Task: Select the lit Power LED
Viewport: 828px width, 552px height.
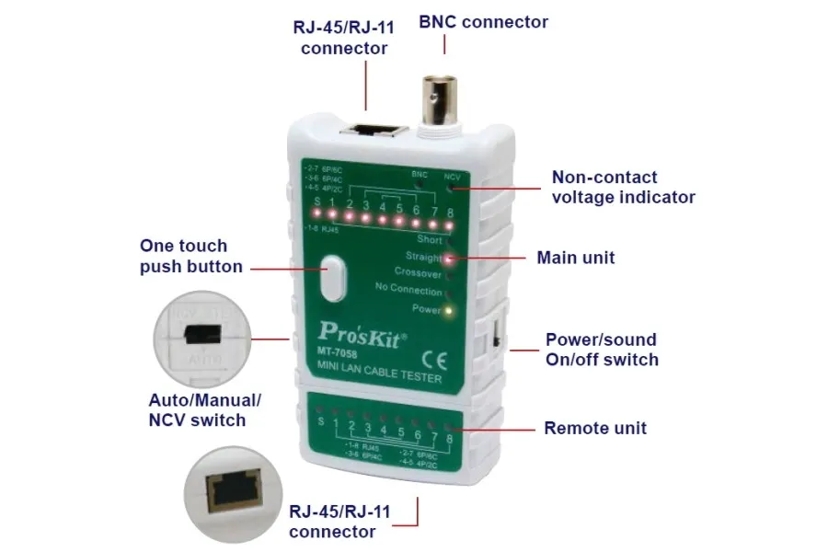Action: click(x=448, y=310)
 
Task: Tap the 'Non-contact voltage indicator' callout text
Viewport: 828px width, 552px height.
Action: click(x=623, y=187)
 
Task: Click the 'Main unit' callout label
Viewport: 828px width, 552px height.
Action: click(x=576, y=258)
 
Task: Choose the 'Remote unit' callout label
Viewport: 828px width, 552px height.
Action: click(x=595, y=428)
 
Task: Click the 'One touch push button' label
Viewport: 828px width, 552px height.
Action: click(x=191, y=257)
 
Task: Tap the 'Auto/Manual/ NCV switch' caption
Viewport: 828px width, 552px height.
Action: click(x=205, y=410)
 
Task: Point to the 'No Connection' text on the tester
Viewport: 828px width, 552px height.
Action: click(x=408, y=290)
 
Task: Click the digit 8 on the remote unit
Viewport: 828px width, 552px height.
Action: click(x=448, y=441)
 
